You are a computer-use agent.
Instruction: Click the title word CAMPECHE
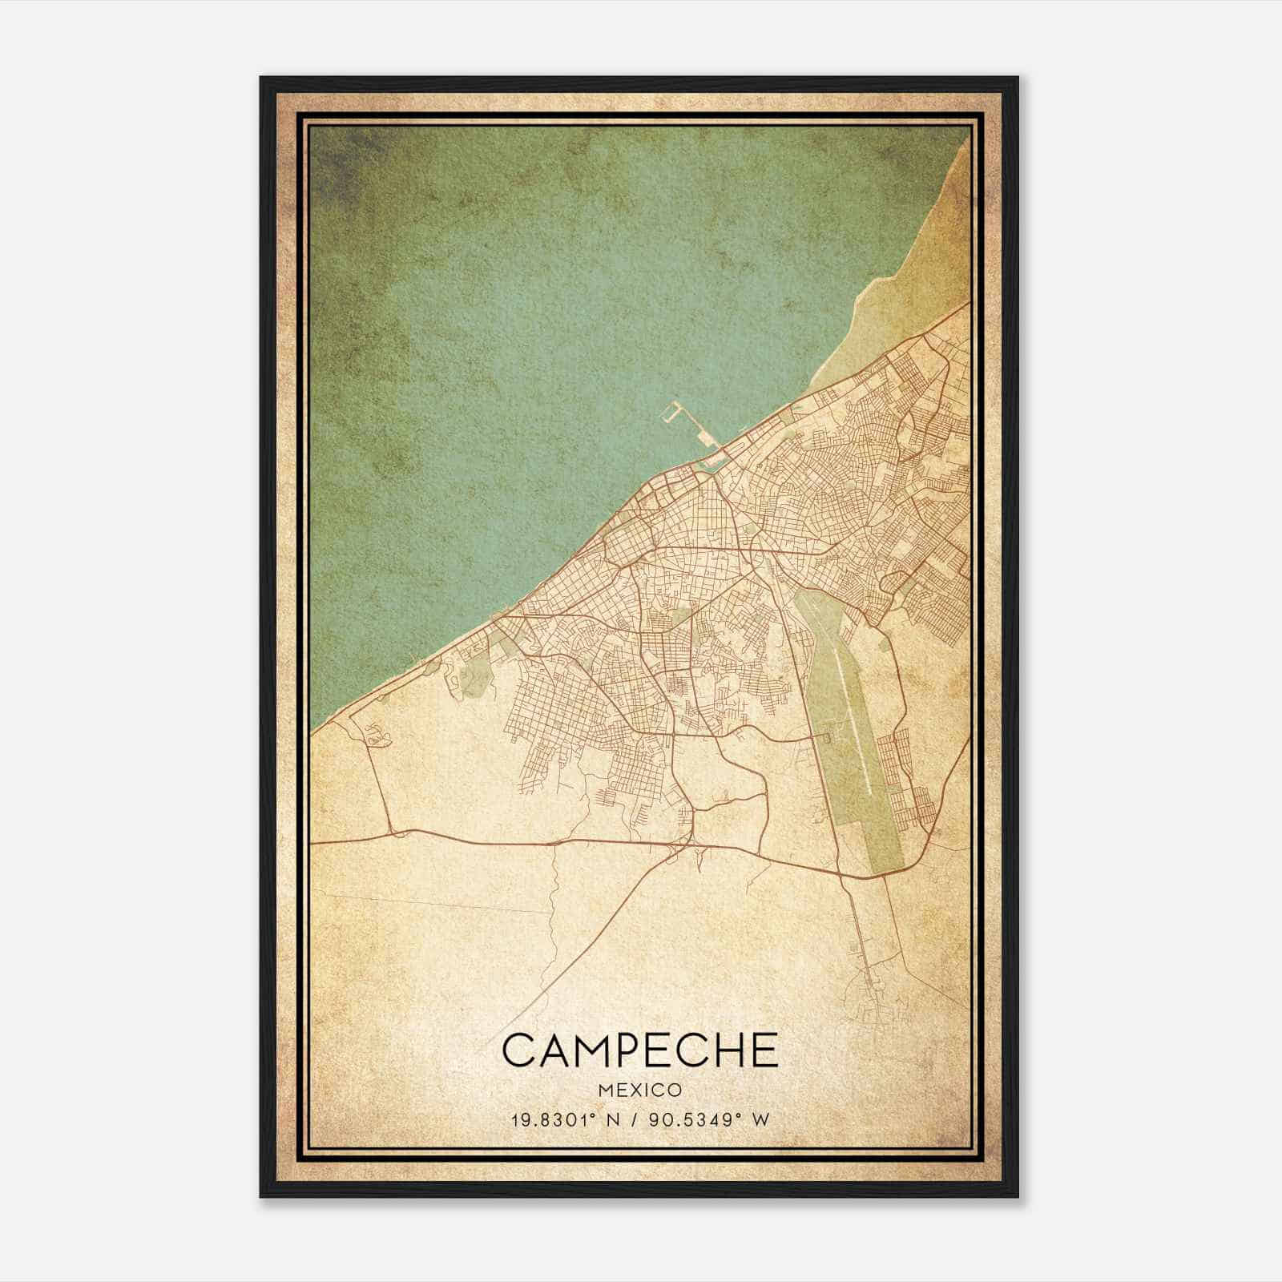click(x=640, y=1050)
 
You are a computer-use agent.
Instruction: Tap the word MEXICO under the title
click(x=640, y=1091)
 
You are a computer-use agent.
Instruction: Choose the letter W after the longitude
click(x=760, y=1120)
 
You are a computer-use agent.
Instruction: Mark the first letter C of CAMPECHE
click(x=518, y=1050)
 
